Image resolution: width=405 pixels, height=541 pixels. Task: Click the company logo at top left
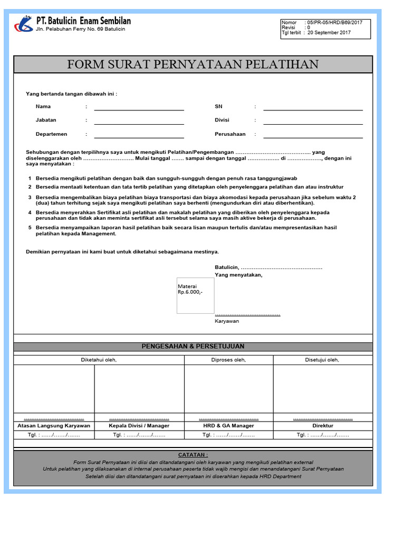tap(23, 24)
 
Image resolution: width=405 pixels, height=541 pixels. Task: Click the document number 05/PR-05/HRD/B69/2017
tap(334, 23)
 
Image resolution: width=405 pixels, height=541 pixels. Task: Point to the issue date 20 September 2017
tap(329, 33)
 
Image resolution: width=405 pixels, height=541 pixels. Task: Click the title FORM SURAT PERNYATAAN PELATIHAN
tap(193, 64)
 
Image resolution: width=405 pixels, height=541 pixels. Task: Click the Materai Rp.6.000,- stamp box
tap(196, 295)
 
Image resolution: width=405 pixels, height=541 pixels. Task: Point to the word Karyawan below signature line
tap(227, 321)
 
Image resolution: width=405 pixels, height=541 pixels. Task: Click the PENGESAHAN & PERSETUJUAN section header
tap(193, 347)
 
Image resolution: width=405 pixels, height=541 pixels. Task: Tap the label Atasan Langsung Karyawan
tap(54, 425)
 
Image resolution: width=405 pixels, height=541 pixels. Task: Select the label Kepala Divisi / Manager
tap(139, 425)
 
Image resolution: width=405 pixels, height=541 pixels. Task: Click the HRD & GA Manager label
tap(228, 425)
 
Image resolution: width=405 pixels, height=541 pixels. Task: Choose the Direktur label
tap(323, 425)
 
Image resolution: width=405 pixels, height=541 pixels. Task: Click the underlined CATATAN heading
tap(193, 455)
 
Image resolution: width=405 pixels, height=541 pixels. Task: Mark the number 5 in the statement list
tap(30, 228)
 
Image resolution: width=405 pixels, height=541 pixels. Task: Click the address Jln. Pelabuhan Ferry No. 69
tap(81, 30)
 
